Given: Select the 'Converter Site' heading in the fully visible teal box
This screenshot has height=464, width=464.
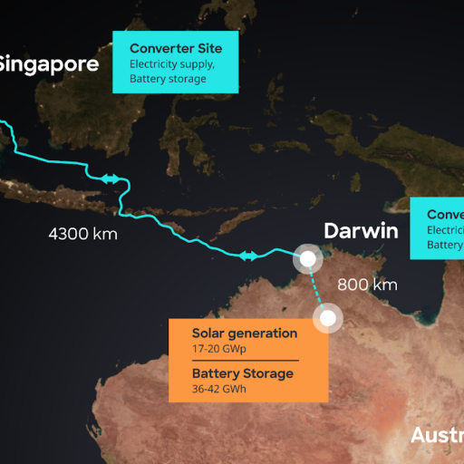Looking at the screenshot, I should point(175,48).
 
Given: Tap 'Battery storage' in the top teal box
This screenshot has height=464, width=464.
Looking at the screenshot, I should point(168,78).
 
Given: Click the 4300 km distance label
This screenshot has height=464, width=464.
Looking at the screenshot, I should point(82,234).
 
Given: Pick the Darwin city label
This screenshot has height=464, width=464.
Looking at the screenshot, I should point(361,230).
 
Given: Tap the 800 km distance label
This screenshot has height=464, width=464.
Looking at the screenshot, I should point(367,285).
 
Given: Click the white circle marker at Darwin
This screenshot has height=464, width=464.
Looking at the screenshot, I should point(308,259).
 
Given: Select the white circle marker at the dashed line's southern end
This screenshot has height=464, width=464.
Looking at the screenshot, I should point(327,317).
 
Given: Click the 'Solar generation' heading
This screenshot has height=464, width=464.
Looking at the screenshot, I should point(245,333).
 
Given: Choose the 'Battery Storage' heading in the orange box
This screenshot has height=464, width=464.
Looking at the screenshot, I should point(243,373).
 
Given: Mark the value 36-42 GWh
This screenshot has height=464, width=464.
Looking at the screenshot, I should point(219,389).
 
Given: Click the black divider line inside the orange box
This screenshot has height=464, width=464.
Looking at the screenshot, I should point(245,361).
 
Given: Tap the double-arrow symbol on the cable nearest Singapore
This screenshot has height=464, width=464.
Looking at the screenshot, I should point(111,179).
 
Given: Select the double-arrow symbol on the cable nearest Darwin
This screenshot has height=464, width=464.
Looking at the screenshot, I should point(249,256).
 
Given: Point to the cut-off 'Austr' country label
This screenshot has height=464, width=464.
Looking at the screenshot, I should point(437,435).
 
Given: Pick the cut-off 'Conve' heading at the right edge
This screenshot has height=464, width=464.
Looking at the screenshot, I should point(445,215).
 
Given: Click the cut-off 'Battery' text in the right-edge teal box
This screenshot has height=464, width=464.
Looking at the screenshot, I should point(445,245).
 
